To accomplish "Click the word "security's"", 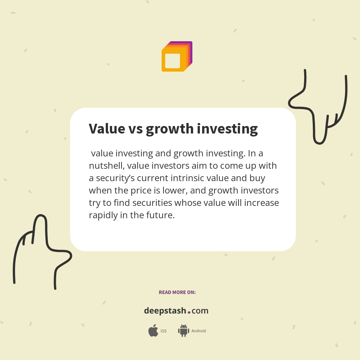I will click(119, 178).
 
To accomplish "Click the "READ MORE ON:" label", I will click(177, 292).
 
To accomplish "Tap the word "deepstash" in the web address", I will click(165, 311).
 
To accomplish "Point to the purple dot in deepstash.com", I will click(189, 312).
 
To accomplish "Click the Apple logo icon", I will click(153, 331).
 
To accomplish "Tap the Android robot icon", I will click(183, 331).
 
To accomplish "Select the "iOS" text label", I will click(163, 331).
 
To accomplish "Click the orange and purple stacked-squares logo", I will click(177, 57).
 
